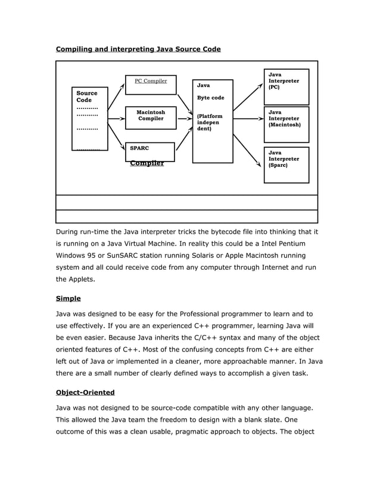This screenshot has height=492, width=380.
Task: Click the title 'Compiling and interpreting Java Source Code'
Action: [138, 49]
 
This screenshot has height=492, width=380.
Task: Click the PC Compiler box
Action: [151, 85]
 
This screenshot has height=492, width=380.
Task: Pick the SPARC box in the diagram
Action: [149, 151]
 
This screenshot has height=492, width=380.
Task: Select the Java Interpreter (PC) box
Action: [286, 87]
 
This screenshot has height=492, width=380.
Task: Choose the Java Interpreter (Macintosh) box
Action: [286, 122]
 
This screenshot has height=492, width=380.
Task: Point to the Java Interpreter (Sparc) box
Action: [286, 164]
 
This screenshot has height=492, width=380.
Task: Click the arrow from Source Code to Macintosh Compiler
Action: [116, 119]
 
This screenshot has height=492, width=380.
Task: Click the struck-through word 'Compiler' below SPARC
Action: [147, 163]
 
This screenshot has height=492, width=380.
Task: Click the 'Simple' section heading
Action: [68, 298]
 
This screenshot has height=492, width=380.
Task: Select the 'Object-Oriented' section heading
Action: [85, 393]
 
